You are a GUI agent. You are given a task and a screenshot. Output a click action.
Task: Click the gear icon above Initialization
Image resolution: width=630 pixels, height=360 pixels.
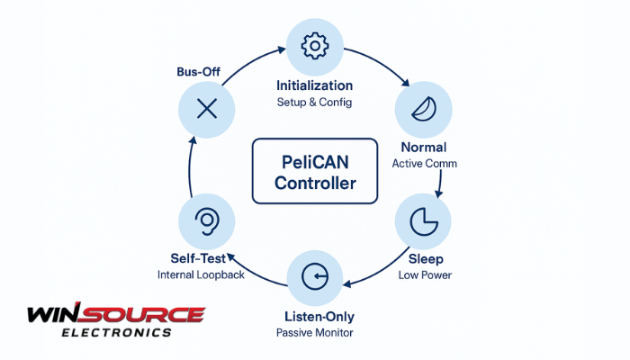click(315, 45)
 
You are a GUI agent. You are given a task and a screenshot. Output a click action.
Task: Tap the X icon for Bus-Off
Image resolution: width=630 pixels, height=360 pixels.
click(207, 110)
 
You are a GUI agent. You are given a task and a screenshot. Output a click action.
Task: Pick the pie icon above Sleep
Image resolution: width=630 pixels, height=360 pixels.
click(423, 220)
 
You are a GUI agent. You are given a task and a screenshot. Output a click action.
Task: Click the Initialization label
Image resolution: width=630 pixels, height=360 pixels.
click(315, 85)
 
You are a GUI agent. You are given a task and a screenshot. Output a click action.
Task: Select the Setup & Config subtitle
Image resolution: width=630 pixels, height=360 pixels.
click(315, 103)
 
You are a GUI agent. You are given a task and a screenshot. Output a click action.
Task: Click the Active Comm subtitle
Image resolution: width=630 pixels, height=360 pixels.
click(425, 164)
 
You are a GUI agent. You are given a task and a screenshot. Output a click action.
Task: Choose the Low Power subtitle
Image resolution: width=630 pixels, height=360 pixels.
click(425, 274)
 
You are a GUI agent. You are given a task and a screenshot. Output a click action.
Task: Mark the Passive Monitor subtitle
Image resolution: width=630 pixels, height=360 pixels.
click(315, 333)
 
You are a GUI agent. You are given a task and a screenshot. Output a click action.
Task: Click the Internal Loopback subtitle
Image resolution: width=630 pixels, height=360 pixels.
click(201, 274)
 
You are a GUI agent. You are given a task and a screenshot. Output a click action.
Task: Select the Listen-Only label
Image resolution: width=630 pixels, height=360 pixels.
click(315, 316)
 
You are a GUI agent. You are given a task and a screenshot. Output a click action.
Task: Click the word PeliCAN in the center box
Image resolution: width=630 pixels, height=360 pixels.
click(315, 162)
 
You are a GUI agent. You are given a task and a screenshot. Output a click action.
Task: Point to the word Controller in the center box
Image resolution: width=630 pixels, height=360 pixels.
click(315, 184)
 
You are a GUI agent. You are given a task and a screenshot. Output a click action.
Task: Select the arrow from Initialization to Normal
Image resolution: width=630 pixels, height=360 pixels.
click(373, 63)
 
